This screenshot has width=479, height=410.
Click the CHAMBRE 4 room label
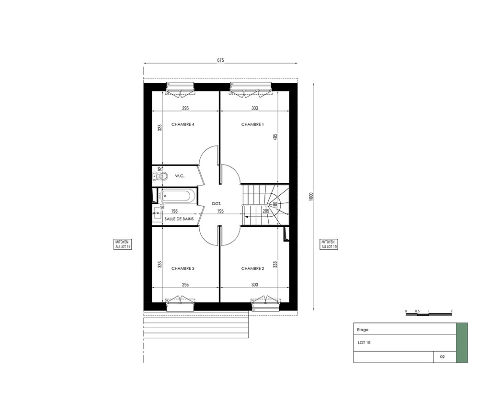pyautogui.click(x=183, y=124)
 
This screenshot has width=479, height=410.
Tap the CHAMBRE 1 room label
pyautogui.click(x=252, y=124)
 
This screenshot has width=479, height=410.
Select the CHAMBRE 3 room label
pyautogui.click(x=183, y=268)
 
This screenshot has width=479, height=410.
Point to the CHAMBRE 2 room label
pyautogui.click(x=252, y=268)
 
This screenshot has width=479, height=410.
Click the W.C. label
pyautogui.click(x=180, y=176)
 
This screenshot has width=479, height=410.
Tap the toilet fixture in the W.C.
pyautogui.click(x=160, y=176)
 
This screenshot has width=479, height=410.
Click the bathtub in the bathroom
pyautogui.click(x=177, y=196)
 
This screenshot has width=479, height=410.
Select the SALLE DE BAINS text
pyautogui.click(x=179, y=219)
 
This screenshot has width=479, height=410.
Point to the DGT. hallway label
pyautogui.click(x=217, y=203)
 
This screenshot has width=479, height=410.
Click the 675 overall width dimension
pyautogui.click(x=220, y=60)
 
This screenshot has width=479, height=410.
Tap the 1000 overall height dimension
pyautogui.click(x=311, y=196)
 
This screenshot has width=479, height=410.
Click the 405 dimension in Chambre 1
pyautogui.click(x=275, y=137)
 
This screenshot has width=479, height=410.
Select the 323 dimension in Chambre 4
pyautogui.click(x=160, y=128)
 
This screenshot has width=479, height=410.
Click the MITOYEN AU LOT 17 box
pyautogui.click(x=123, y=244)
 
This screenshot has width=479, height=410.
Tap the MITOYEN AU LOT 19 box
pyautogui.click(x=329, y=244)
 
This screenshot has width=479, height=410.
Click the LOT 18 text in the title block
pyautogui.click(x=364, y=343)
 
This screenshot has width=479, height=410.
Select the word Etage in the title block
pyautogui.click(x=363, y=330)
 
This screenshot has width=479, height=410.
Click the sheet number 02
pyautogui.click(x=442, y=357)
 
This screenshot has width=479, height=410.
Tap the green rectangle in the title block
pyautogui.click(x=462, y=343)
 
